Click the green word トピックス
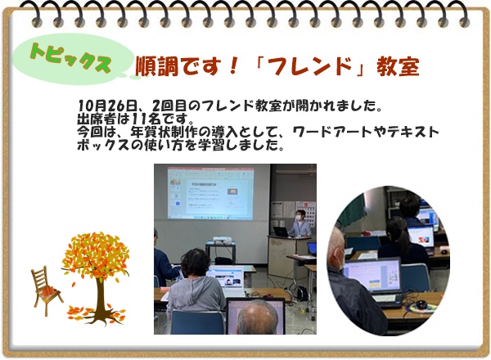tap(70, 57)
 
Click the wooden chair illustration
tap(45, 290)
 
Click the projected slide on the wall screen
tap(210, 193)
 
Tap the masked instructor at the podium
tap(300, 223)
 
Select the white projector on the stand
tap(223, 240)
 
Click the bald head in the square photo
tap(258, 317)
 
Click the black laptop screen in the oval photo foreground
tap(372, 276)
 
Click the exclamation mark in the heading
tap(233, 66)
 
